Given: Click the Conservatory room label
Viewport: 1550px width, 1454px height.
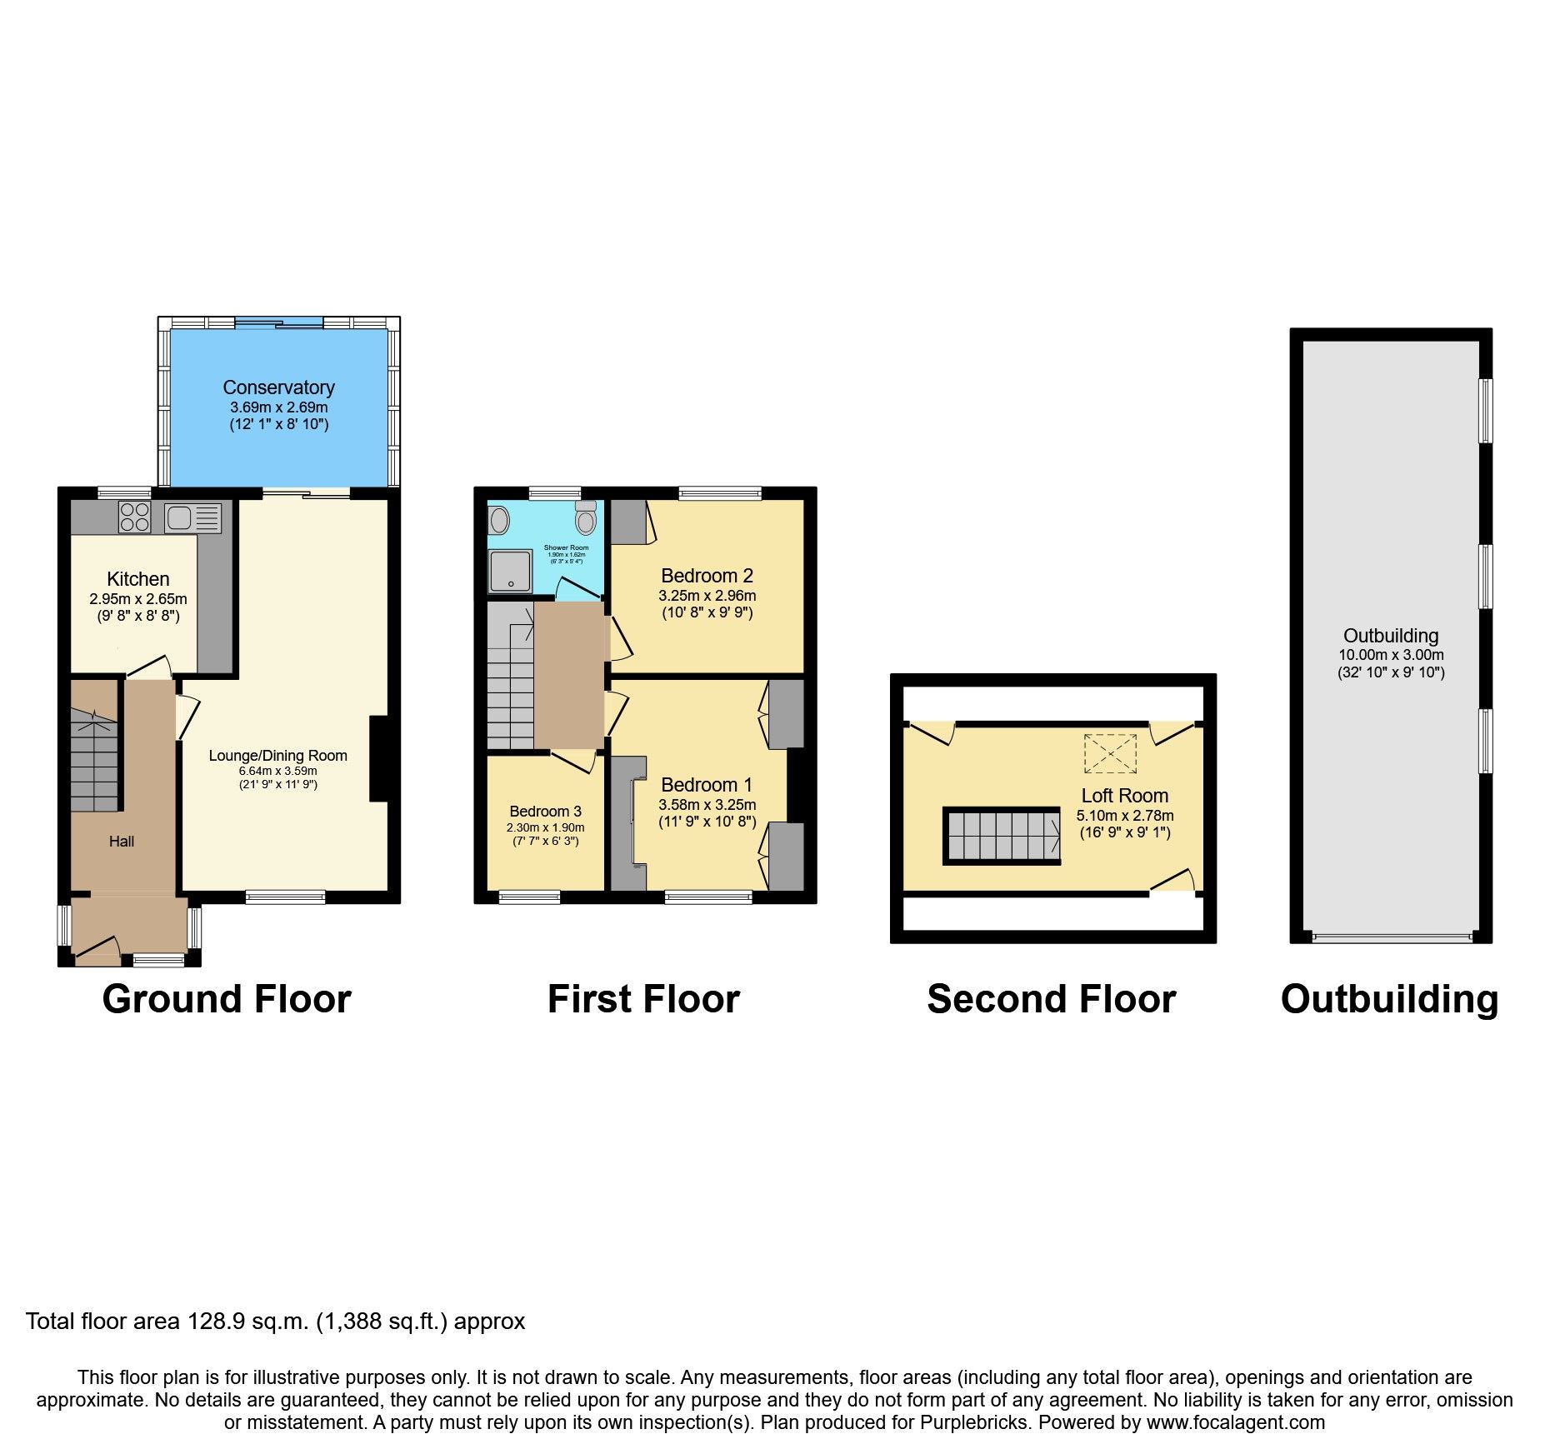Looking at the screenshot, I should pos(278,387).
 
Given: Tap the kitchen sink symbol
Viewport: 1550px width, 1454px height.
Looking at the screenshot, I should pos(192,518).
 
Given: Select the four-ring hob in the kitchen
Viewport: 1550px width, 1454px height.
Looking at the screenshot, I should pos(134,517).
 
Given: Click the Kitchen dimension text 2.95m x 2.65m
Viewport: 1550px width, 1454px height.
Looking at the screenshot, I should pos(138,599).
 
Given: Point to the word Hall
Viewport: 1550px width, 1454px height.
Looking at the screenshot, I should pos(122,842).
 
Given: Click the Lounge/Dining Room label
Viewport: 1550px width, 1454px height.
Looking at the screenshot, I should pos(277,756).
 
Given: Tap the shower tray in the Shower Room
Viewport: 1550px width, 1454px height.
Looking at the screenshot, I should pos(510,572).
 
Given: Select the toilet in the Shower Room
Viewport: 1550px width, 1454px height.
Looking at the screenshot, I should pos(586,519).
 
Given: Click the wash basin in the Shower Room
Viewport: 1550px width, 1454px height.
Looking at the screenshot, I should pos(499,522).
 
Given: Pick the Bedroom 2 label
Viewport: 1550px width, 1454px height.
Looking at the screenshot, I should pos(707,576).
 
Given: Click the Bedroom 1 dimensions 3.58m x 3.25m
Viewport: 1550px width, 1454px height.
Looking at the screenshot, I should pos(707,805).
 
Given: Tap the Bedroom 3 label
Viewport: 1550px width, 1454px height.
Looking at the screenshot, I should pos(545,812).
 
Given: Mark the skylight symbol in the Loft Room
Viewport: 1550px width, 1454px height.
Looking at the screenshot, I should pos(1110,753).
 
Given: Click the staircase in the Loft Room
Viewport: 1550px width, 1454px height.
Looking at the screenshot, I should pos(1002,836).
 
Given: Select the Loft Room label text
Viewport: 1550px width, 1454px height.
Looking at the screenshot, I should pos(1124,796).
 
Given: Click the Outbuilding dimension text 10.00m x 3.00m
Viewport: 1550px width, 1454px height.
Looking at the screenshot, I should pos(1391,655).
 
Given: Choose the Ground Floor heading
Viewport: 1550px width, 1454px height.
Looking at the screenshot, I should pos(227,999).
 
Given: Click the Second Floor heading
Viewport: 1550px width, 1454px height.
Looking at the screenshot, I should pos(1051,999).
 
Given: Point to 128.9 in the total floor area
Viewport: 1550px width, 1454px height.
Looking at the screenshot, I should pos(215,1322).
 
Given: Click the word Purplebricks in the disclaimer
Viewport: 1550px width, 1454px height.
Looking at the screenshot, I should pos(974,1422).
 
